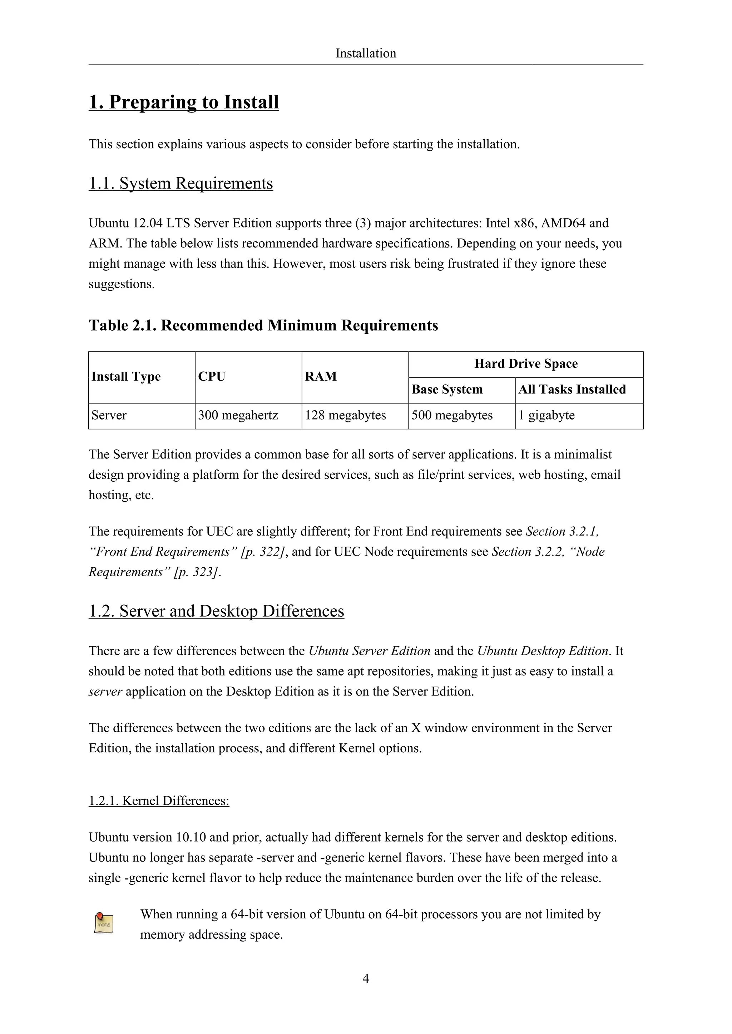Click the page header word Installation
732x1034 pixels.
[x=366, y=53]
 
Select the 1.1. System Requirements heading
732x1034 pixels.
[x=181, y=183]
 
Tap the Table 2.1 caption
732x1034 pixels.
[x=263, y=325]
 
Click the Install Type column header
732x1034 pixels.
[x=126, y=376]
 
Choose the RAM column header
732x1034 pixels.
[x=321, y=376]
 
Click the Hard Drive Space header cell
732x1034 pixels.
[x=525, y=364]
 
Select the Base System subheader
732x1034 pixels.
[x=447, y=390]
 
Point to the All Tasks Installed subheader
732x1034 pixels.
[x=572, y=390]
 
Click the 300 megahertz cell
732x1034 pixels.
[x=238, y=415]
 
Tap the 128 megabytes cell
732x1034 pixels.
[x=345, y=415]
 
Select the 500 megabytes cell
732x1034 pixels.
[x=452, y=415]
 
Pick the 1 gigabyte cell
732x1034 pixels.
[x=546, y=415]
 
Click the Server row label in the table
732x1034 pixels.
[x=109, y=415]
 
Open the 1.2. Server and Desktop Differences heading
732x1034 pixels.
[x=216, y=611]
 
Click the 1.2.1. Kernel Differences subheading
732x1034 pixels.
[x=159, y=801]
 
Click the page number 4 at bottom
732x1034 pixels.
[x=366, y=978]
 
